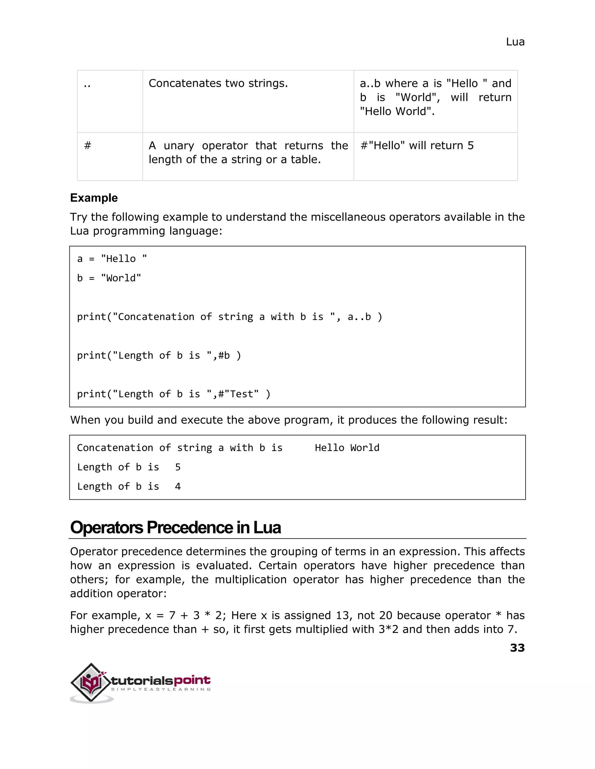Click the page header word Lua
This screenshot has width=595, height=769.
[x=515, y=42]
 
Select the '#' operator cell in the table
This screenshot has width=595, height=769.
[x=88, y=145]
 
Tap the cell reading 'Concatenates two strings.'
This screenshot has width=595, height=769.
[x=218, y=84]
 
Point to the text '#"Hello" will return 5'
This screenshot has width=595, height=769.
[x=417, y=145]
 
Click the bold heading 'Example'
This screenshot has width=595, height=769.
[x=94, y=198]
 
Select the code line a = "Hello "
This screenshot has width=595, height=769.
[x=112, y=259]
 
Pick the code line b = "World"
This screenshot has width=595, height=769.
[x=109, y=278]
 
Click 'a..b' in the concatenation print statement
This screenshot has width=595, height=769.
[x=359, y=317]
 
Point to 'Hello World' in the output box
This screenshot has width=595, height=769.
[x=347, y=448]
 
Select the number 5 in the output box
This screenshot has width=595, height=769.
[x=178, y=467]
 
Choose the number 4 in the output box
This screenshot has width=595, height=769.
[x=178, y=487]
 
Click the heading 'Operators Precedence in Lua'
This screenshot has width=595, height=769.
[x=175, y=528]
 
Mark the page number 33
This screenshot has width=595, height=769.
[x=517, y=648]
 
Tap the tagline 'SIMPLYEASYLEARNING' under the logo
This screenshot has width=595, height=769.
[x=161, y=689]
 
